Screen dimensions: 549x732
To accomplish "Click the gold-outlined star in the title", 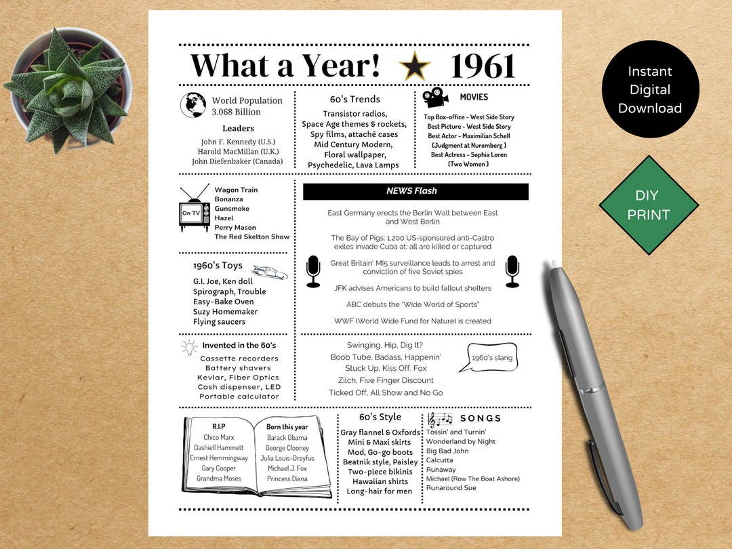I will [415, 66].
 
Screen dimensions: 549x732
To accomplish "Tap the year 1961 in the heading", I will [483, 66].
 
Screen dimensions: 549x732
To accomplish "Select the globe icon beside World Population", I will [193, 105].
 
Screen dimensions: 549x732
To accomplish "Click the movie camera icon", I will [436, 97].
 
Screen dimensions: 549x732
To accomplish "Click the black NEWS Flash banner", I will [415, 192].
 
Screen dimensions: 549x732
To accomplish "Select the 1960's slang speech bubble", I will [489, 357].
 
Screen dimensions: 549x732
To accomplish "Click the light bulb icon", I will [188, 347].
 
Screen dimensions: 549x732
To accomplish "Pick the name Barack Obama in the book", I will [287, 438].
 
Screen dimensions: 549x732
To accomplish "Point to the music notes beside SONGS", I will [440, 420].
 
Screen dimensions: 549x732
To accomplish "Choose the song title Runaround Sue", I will [451, 488].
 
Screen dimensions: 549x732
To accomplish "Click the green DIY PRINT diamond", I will [649, 205].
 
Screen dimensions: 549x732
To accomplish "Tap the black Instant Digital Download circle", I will [650, 89].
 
